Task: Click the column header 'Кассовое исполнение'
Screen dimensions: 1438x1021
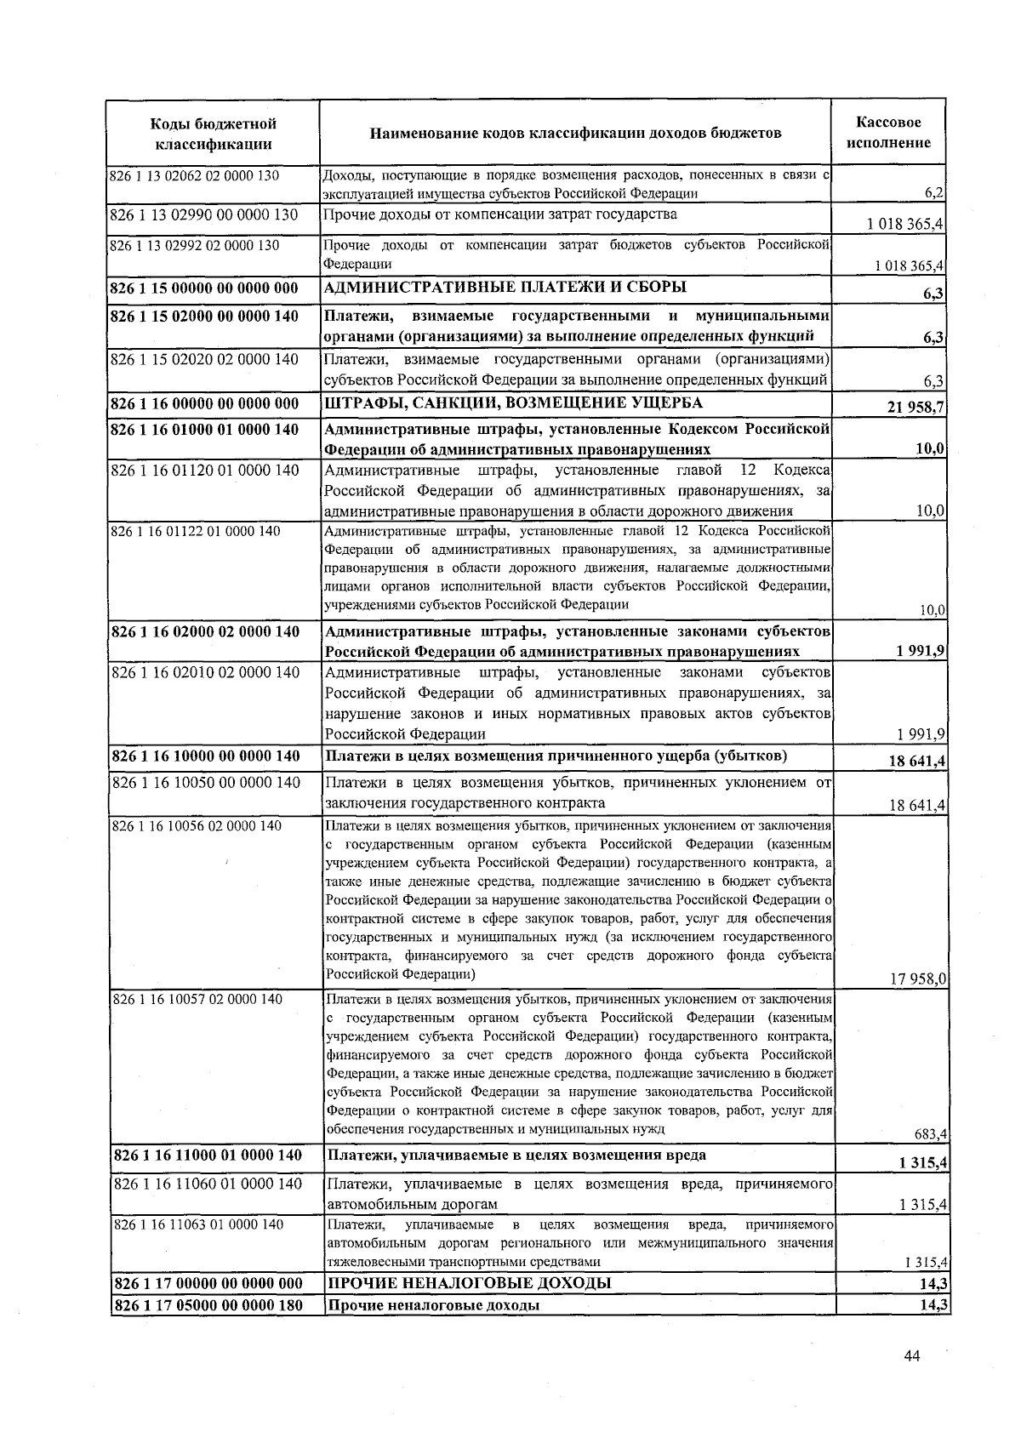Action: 888,133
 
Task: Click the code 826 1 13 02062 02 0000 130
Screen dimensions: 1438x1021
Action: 195,176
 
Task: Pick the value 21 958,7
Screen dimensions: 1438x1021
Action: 915,408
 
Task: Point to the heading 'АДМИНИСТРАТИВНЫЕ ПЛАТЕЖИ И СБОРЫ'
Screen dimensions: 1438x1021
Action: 505,287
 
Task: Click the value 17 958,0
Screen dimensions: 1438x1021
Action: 918,979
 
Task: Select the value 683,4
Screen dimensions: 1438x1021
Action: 931,1133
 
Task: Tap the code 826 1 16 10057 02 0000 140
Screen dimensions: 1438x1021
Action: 197,999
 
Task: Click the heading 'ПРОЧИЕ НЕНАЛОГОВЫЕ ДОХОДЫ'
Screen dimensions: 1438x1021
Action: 470,1283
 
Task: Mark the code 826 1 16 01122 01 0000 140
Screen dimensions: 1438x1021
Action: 196,531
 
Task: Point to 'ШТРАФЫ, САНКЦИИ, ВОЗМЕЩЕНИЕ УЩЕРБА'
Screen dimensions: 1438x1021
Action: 513,402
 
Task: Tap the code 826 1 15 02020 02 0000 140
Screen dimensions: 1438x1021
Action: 204,359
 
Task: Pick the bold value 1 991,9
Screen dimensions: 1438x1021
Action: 921,652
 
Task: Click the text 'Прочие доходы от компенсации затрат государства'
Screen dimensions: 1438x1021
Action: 500,214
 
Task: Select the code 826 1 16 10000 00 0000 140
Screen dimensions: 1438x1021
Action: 206,756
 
